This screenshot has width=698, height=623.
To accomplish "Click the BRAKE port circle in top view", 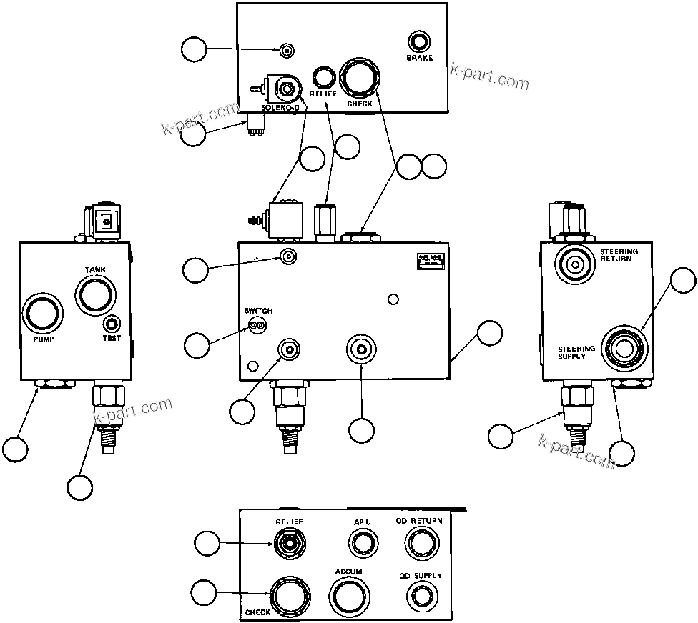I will tap(418, 41).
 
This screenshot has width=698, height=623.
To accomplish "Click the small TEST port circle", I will tap(113, 323).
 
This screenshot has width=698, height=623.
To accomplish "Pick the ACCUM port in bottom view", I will tap(349, 594).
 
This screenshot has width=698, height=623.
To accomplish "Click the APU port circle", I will tap(363, 543).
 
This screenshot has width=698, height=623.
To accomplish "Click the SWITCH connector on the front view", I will tap(256, 325).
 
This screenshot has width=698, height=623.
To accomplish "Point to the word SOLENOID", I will tap(280, 108).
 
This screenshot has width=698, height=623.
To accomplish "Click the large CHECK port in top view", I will tap(360, 78).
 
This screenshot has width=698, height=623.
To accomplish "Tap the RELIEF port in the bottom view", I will tap(289, 543).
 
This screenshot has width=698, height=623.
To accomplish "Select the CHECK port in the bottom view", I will tap(290, 594).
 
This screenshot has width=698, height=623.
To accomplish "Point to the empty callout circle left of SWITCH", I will tap(197, 345).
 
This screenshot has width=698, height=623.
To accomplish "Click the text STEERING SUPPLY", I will tap(576, 352).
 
